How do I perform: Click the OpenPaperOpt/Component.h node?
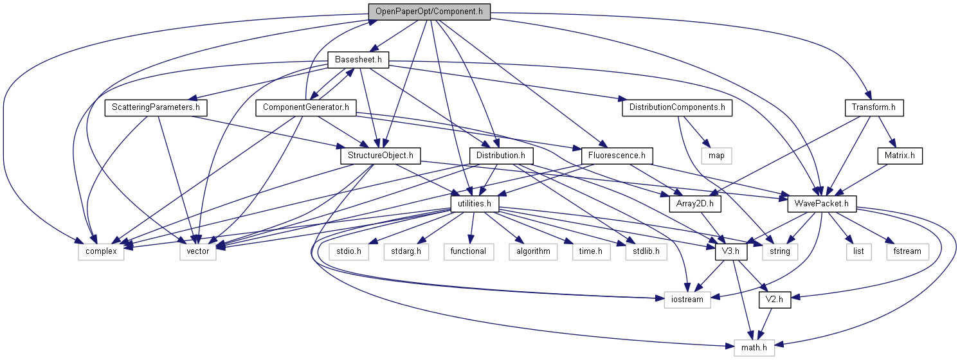tap(429, 12)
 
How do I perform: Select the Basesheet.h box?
tap(359, 60)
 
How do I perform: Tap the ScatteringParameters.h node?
tap(156, 107)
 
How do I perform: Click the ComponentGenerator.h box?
tap(305, 107)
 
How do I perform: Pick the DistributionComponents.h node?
tap(677, 107)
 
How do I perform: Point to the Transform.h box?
tap(874, 107)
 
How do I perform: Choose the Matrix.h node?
tap(900, 156)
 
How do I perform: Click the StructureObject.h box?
tap(380, 156)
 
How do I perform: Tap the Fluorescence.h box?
tap(617, 156)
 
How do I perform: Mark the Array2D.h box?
tap(696, 204)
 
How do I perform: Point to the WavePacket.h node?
tap(822, 204)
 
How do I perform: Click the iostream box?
tap(687, 300)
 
